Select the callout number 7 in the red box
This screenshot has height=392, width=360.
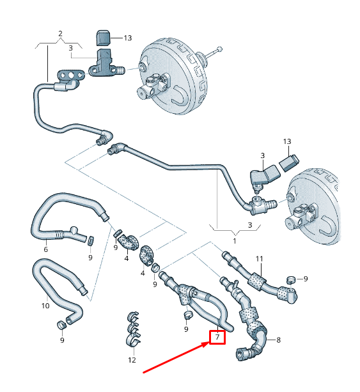coord(217,337)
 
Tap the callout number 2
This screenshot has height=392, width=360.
coord(60,33)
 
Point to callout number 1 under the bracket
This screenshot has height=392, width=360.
coord(234,241)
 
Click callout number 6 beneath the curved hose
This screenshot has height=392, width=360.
coord(45,249)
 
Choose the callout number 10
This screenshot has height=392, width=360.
coord(45,306)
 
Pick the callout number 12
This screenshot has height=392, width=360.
coord(132,360)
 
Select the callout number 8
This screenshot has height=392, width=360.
coord(278,340)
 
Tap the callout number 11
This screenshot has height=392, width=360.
coord(259,258)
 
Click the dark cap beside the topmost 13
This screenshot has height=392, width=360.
coord(104,37)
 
